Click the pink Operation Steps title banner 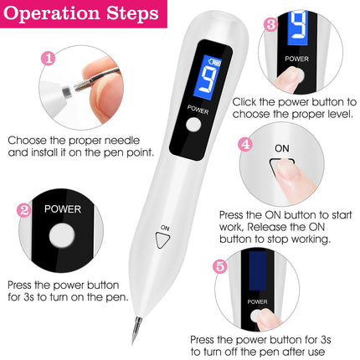[x=80, y=16]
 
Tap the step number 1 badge [x=49, y=59]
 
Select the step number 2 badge [x=24, y=211]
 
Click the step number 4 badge [x=244, y=144]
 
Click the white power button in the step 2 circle [x=62, y=238]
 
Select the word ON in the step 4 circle [x=282, y=148]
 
